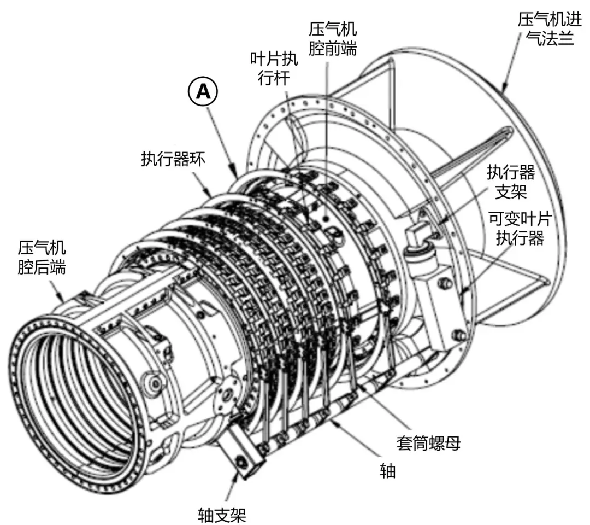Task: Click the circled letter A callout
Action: [x=203, y=91]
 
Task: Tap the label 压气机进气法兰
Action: [x=550, y=29]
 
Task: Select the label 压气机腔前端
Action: [x=333, y=39]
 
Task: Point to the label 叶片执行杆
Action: [x=274, y=68]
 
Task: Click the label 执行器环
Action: [x=174, y=159]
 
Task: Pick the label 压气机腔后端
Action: [x=42, y=258]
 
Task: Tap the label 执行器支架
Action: [x=511, y=182]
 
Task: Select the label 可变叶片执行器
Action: [x=520, y=228]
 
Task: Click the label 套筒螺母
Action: [x=429, y=443]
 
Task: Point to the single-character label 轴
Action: [x=387, y=471]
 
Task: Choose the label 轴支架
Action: [x=222, y=515]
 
